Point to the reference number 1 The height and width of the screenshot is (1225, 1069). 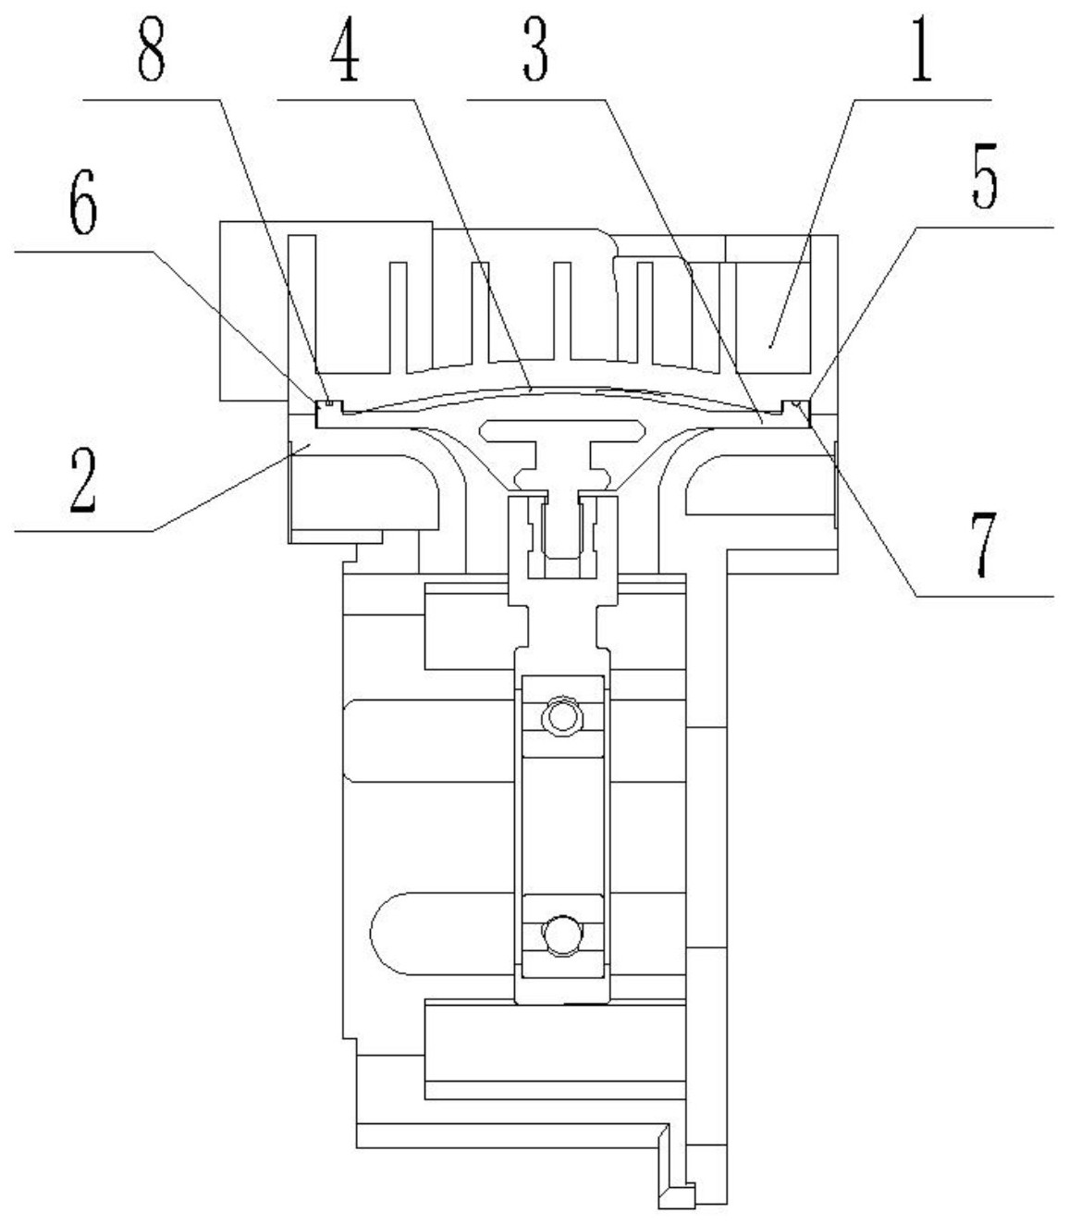[921, 49]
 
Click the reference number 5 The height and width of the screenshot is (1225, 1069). [985, 176]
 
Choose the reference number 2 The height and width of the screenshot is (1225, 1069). [984, 545]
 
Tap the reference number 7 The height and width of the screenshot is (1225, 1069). [83, 481]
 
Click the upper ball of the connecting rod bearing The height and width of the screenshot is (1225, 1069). [561, 717]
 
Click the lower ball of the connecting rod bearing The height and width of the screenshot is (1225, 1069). [561, 935]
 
